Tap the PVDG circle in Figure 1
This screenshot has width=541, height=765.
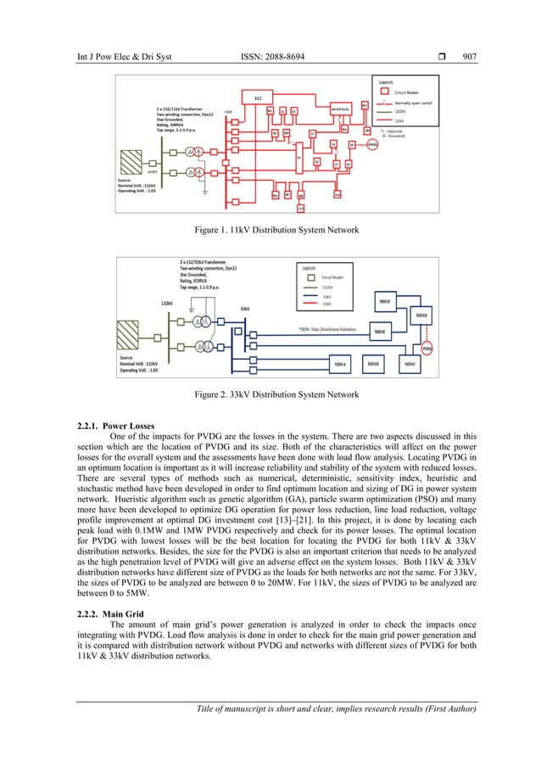372,145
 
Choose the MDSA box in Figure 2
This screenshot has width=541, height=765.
342,364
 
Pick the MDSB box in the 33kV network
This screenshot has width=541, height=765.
373,364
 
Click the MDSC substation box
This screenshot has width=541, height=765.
410,364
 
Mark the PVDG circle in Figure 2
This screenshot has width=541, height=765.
452,348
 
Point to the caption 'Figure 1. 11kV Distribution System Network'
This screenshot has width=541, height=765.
270,230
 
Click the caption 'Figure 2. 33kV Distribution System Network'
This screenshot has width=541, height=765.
270,395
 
